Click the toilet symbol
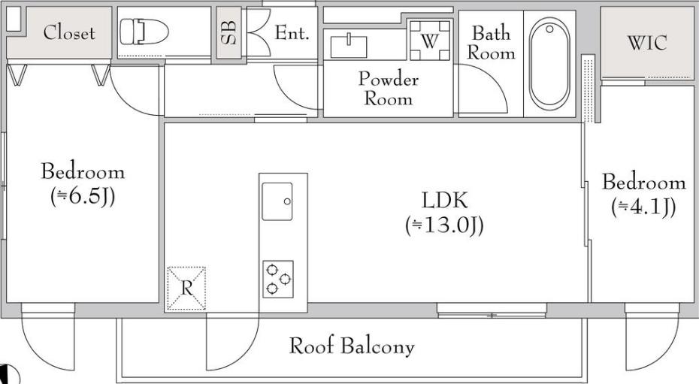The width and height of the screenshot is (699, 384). point(144,32)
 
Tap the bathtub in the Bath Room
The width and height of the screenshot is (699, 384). point(549,63)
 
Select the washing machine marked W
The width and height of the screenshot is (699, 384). point(429,41)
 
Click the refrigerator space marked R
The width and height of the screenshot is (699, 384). point(186,289)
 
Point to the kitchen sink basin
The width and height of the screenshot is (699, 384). point(277,201)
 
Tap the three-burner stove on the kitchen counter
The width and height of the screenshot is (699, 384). point(278,279)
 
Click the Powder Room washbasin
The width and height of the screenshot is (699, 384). point(349,47)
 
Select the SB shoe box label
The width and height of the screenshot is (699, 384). point(228,32)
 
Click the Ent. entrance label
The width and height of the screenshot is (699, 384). point(292,32)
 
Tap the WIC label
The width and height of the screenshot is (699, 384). point(647,42)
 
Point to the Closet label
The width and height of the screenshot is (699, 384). point(69,32)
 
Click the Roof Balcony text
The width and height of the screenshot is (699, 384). point(352,346)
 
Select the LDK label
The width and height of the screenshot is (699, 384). point(445,201)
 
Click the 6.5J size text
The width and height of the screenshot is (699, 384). point(83,196)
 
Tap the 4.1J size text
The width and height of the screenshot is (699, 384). point(643,207)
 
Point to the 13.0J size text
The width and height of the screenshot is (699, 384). point(445,225)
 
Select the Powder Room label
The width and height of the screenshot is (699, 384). point(389,88)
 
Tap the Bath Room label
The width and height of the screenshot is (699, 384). point(491,43)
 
